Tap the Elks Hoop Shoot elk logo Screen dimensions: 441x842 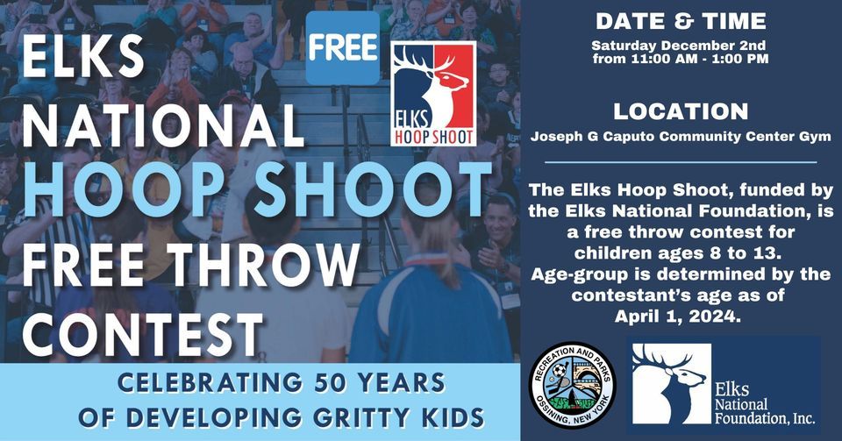433,93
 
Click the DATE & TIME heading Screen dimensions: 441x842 681,21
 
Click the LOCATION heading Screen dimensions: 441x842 681,112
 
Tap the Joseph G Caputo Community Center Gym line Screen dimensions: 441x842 681,137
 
